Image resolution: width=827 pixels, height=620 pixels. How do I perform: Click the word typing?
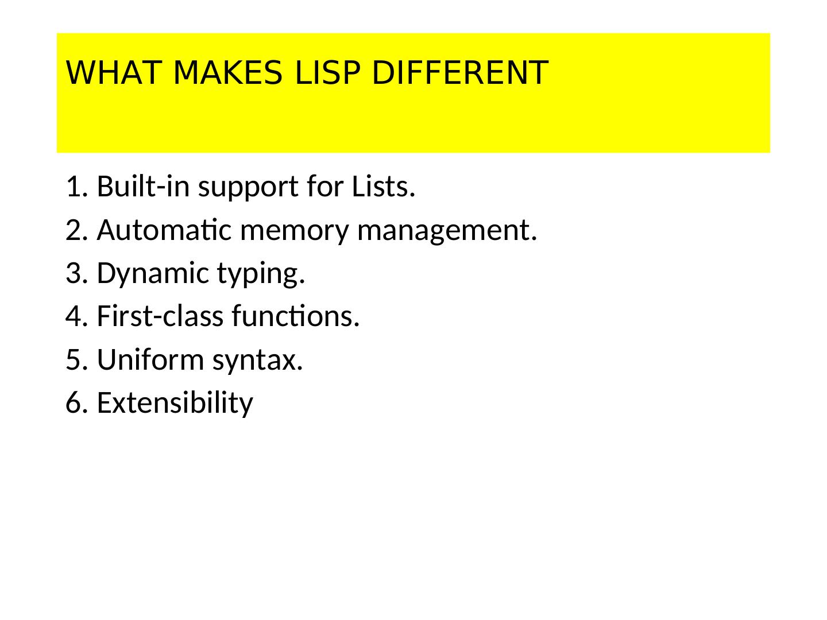click(x=261, y=274)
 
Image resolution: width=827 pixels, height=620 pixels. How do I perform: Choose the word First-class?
click(x=160, y=316)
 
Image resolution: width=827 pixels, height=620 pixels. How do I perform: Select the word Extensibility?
click(x=175, y=403)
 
